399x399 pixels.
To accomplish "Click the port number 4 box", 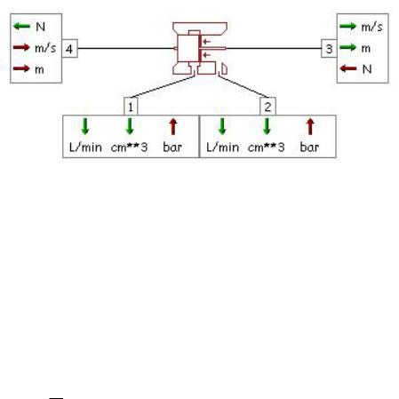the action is point(69,48).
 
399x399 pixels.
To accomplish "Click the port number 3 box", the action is point(329,48).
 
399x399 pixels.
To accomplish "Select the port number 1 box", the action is point(131,106).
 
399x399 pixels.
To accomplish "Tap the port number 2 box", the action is point(267,106).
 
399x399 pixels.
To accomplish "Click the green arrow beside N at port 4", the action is point(21,26).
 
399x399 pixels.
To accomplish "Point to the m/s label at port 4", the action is point(45,48).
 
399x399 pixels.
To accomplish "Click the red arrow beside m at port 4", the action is point(21,68).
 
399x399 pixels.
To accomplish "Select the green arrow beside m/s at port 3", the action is point(347,26).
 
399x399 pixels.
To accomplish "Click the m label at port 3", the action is point(366,48).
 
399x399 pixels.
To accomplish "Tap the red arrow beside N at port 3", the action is point(348,68).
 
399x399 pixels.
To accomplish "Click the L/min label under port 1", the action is point(85,147).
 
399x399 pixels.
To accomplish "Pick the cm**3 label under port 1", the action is point(129,147).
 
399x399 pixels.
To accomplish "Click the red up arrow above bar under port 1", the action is point(173,126).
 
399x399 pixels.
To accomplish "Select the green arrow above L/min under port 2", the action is point(222,126).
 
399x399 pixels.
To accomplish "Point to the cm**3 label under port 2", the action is point(266,147).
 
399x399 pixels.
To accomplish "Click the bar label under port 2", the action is point(309,147).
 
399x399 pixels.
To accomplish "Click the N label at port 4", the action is point(40,27).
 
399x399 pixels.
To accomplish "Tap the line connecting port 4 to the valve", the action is point(126,48).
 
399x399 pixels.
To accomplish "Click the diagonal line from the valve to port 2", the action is point(243,86).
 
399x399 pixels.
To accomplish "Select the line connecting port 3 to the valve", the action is point(274,48).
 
